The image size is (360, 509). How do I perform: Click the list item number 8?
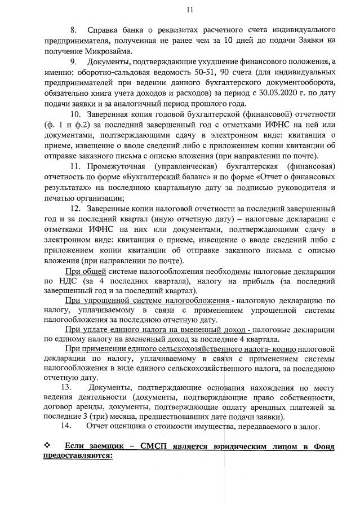pos(73,29)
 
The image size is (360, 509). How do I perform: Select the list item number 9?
pos(73,61)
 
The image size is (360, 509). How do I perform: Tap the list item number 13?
pos(66,388)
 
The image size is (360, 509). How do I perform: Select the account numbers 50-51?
pos(177,72)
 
